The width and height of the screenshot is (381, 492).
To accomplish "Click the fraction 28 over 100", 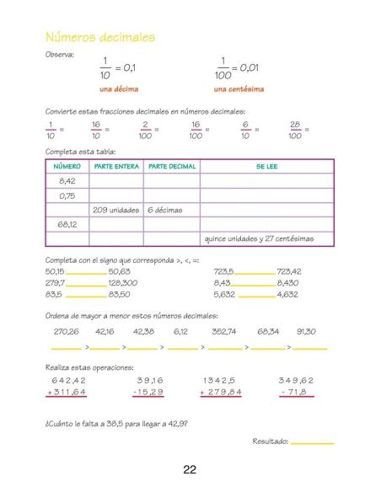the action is pos(295,129).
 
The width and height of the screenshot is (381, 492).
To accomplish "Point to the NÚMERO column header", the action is pos(67,167).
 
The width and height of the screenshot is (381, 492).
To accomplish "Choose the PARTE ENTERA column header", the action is pos(116,167).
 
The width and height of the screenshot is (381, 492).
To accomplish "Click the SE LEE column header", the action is pos(266,167).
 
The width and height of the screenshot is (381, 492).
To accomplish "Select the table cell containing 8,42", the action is pos(67,181).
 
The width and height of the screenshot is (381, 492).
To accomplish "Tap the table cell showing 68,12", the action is pos(67,224).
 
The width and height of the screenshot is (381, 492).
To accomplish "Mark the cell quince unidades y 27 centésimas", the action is pos(259,238).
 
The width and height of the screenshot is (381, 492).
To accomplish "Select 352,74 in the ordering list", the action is pos(224,331).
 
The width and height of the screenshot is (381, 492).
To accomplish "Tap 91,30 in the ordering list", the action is pos(306,331).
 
